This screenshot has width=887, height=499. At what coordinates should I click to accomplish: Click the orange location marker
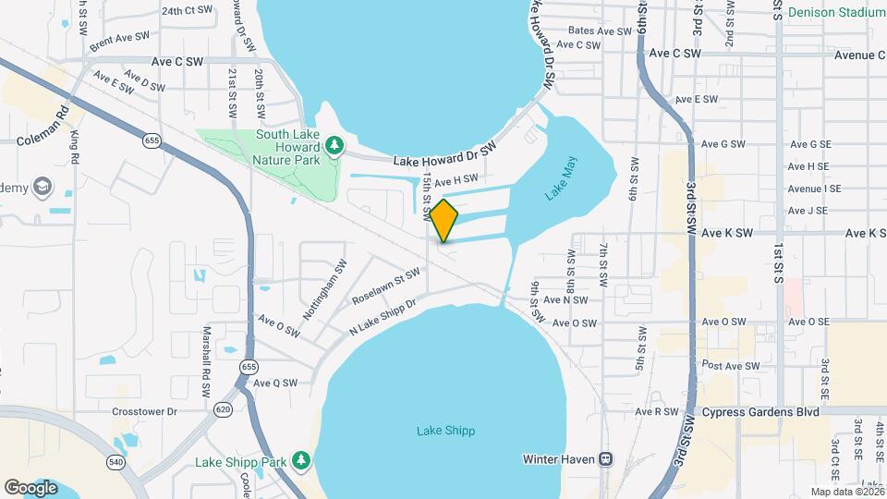pyautogui.click(x=444, y=221)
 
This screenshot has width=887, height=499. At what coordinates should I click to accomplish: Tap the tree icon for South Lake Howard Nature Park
pyautogui.click(x=334, y=144)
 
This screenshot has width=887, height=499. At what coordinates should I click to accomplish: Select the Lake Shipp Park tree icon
pyautogui.click(x=300, y=460)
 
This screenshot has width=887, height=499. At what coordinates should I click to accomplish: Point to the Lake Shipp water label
pyautogui.click(x=445, y=431)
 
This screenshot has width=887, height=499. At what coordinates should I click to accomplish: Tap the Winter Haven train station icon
pyautogui.click(x=606, y=458)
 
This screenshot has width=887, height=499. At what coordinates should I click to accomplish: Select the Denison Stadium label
pyautogui.click(x=837, y=13)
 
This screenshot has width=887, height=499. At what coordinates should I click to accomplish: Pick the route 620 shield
pyautogui.click(x=223, y=408)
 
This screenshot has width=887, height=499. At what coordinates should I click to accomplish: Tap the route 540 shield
pyautogui.click(x=115, y=461)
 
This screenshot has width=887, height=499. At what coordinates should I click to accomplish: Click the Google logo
pyautogui.click(x=30, y=487)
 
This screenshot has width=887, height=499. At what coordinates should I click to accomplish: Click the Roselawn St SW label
pyautogui.click(x=386, y=287)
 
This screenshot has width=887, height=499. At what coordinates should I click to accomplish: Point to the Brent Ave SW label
pyautogui.click(x=119, y=41)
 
